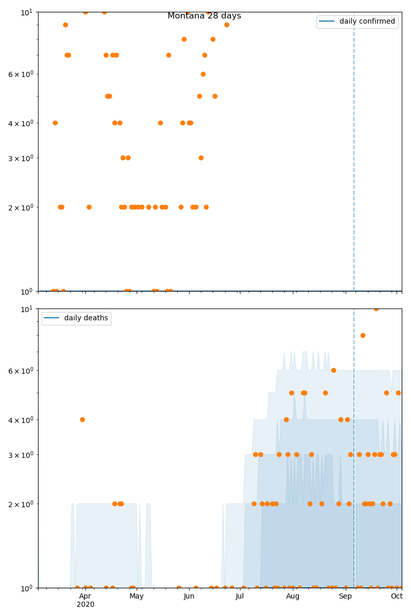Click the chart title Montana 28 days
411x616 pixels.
tap(204, 16)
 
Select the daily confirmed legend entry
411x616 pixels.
tap(367, 22)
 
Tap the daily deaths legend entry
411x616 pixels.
tap(86, 318)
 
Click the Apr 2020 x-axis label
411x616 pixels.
tap(85, 600)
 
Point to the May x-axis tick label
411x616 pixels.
tap(137, 596)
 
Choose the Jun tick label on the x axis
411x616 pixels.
tap(189, 596)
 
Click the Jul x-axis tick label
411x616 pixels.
tap(240, 596)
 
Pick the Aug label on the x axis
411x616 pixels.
tap(293, 596)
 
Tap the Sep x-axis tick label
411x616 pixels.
tap(345, 596)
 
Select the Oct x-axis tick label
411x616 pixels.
tap(397, 596)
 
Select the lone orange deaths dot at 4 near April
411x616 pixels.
tap(82, 419)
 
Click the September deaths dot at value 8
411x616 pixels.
tap(363, 335)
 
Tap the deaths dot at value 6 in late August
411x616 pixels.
tap(333, 370)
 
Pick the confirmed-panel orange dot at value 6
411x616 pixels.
tap(203, 74)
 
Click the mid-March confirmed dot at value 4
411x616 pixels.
tap(55, 123)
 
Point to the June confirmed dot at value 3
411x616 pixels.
tap(201, 158)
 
